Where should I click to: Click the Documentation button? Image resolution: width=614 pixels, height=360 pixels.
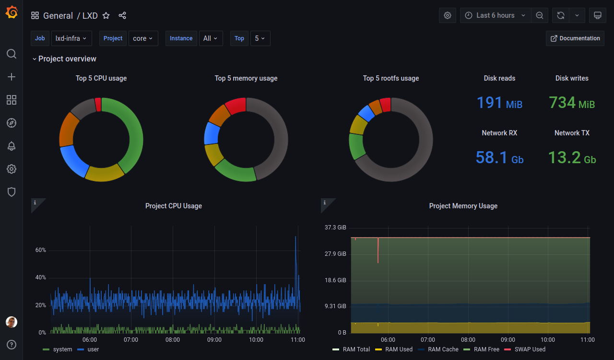575,38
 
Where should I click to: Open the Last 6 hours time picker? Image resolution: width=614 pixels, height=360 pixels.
496,15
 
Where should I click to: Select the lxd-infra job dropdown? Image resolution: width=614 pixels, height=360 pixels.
71,38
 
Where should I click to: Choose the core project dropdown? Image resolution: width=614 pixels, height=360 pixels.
143,38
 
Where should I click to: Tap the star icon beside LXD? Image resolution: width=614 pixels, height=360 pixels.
106,16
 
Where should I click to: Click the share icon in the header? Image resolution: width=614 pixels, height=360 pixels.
122,15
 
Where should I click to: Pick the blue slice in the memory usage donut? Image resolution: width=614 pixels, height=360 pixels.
212,133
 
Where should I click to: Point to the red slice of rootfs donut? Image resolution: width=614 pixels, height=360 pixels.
386,105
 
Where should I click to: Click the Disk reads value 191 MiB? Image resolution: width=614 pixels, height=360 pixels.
499,103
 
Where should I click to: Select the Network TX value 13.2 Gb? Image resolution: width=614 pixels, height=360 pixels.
572,157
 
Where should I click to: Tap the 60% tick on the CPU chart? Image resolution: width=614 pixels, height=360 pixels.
41,250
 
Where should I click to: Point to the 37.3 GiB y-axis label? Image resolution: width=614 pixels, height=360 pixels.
335,228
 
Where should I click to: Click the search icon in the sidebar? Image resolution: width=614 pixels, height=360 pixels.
11,54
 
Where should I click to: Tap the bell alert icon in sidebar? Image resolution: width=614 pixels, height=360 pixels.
11,146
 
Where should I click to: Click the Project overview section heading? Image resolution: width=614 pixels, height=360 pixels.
67,59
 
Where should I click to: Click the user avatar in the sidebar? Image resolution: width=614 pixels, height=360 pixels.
11,322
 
